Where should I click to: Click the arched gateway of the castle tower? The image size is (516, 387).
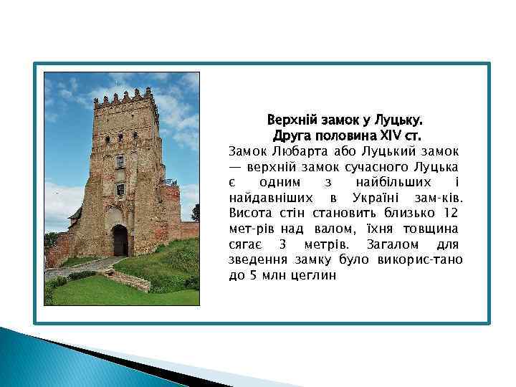pos(120,241)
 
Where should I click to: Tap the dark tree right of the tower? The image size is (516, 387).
pos(194,213)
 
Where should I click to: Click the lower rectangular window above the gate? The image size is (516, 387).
pos(120,188)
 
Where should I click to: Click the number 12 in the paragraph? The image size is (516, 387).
pos(451,213)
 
